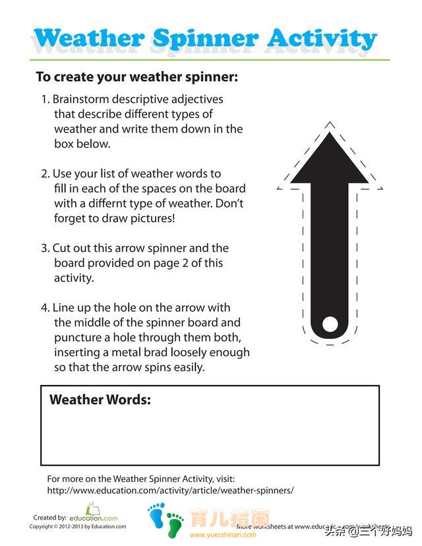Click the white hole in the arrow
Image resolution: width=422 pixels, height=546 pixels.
tap(329, 323)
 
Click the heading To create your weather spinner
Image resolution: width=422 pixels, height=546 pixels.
tap(136, 76)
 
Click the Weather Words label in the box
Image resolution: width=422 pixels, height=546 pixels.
tap(100, 400)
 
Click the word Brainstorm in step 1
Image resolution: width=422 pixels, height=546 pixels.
tap(82, 100)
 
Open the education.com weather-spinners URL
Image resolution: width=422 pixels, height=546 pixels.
tap(170, 491)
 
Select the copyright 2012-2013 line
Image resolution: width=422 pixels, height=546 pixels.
tap(77, 527)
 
